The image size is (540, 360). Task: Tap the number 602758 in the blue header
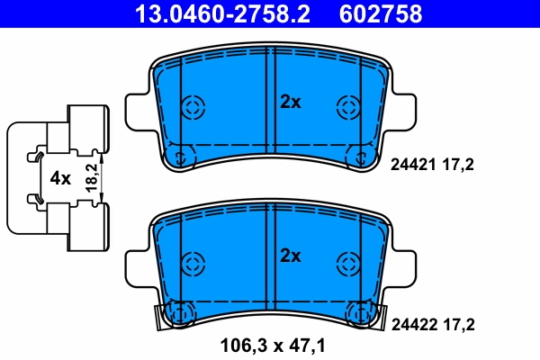[380, 14]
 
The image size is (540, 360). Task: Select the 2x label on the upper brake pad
[290, 103]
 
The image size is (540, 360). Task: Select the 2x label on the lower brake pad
[290, 255]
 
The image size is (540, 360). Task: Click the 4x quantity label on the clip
[60, 178]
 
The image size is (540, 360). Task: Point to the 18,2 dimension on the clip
[89, 177]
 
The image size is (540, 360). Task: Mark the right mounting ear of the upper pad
[404, 108]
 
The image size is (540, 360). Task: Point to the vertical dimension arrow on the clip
[102, 177]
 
